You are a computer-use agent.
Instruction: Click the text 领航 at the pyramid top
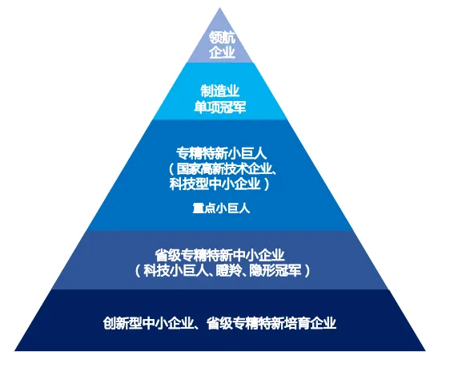[222, 38]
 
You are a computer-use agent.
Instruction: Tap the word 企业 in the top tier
[222, 52]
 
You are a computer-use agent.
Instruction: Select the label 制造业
[220, 91]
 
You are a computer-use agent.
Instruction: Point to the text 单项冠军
[220, 107]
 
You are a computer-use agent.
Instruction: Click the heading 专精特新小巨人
[221, 153]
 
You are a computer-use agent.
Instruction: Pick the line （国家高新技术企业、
[222, 168]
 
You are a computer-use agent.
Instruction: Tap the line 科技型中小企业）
[220, 184]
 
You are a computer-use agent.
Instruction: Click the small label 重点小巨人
[221, 208]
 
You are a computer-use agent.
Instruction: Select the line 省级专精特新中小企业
[219, 256]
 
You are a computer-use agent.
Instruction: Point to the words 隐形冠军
[275, 270]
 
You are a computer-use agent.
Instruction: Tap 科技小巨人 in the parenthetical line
[175, 270]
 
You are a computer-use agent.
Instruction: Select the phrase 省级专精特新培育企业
[271, 323]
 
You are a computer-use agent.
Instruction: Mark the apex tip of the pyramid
[219, 7]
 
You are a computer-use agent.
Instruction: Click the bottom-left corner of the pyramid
[14, 350]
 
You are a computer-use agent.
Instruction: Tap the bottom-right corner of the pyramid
[425, 350]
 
